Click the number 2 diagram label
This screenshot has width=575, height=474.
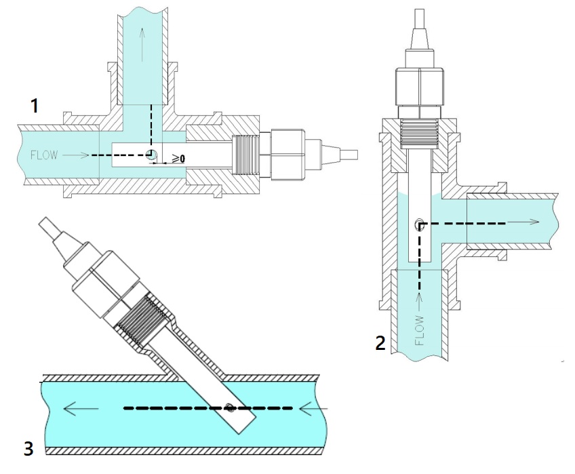coord(381,343)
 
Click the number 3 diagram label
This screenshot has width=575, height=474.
coord(28,448)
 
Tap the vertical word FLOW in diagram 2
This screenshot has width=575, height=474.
coord(419,330)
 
